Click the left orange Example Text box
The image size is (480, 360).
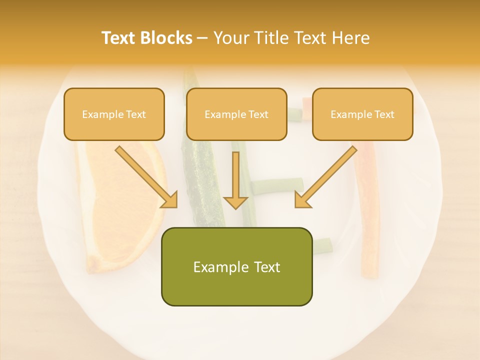(114, 114)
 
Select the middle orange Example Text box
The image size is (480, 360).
(236, 114)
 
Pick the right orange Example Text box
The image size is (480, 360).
(362, 114)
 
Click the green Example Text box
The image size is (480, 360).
(236, 266)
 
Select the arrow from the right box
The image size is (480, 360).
(327, 175)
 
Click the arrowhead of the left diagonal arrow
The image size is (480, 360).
(170, 200)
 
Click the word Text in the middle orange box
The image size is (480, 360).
(258, 114)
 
